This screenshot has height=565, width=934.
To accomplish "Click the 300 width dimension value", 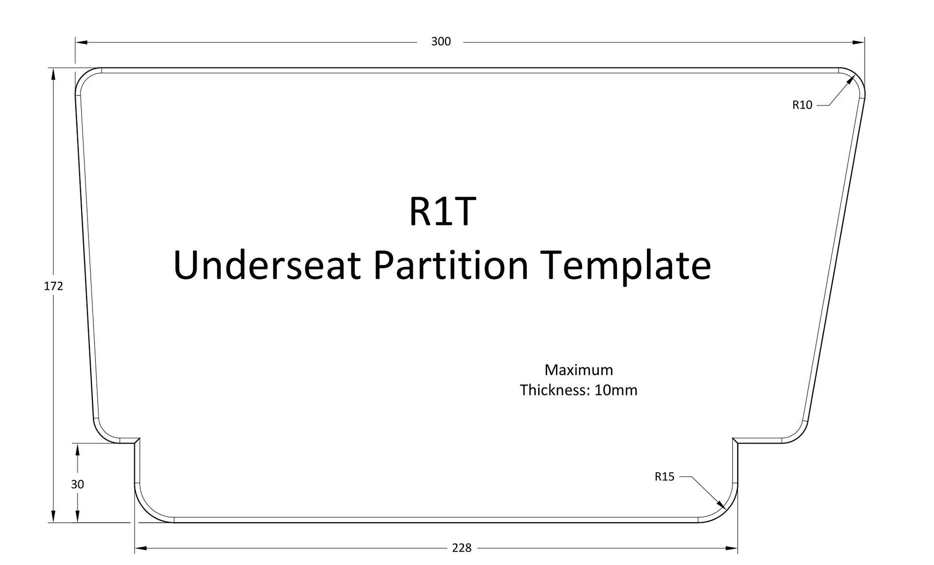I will pyautogui.click(x=440, y=42).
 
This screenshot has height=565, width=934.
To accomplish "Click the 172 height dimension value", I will pyautogui.click(x=53, y=286).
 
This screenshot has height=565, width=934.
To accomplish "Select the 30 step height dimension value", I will pyautogui.click(x=77, y=484).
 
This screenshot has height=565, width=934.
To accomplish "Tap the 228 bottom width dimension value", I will pyautogui.click(x=462, y=548).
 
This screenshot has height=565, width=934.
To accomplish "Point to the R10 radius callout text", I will pyautogui.click(x=802, y=105).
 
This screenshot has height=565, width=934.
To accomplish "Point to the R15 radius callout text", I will pyautogui.click(x=664, y=476).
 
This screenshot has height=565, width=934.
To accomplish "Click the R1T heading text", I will pyautogui.click(x=442, y=211).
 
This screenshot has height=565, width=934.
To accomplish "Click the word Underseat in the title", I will pyautogui.click(x=266, y=265).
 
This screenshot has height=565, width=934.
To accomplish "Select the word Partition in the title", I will pyautogui.click(x=450, y=265).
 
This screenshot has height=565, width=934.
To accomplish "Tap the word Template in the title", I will pyautogui.click(x=625, y=265).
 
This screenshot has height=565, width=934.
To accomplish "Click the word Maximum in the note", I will pyautogui.click(x=579, y=370).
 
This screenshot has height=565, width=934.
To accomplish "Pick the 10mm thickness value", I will pyautogui.click(x=615, y=390).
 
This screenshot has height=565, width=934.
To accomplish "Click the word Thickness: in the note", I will pyautogui.click(x=555, y=390).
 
